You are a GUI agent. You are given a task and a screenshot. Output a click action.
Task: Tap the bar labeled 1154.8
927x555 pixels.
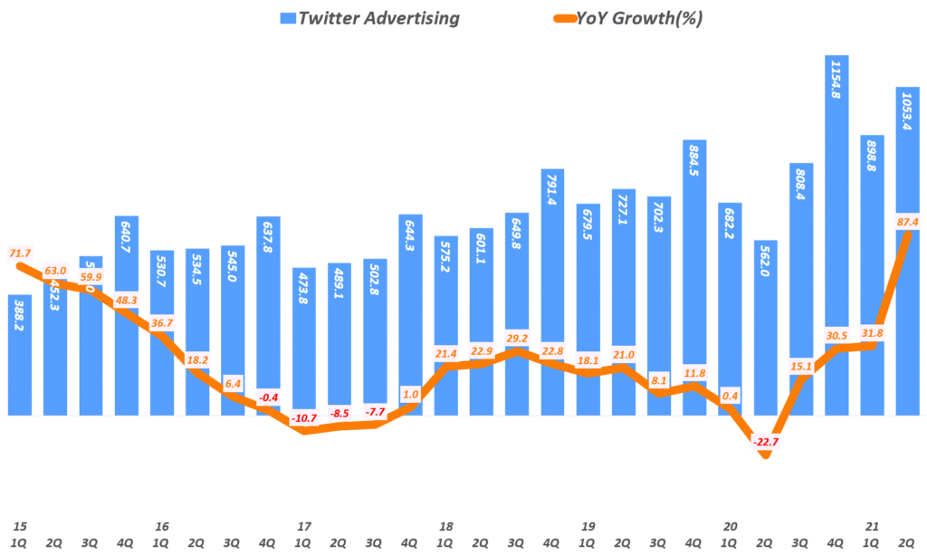pos(837,235)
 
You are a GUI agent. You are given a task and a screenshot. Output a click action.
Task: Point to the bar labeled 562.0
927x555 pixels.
pos(766,326)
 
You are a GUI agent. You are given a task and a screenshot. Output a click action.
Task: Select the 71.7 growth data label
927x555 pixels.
pos(19,251)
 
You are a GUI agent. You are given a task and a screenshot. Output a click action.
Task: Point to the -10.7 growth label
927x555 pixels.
pos(305,418)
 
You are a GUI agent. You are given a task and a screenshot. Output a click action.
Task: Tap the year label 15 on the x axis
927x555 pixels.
pos(19,525)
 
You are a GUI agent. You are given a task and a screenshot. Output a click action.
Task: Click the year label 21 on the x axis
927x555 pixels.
pos(873,525)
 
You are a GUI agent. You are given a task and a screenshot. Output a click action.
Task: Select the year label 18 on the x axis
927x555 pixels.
pos(446,525)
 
